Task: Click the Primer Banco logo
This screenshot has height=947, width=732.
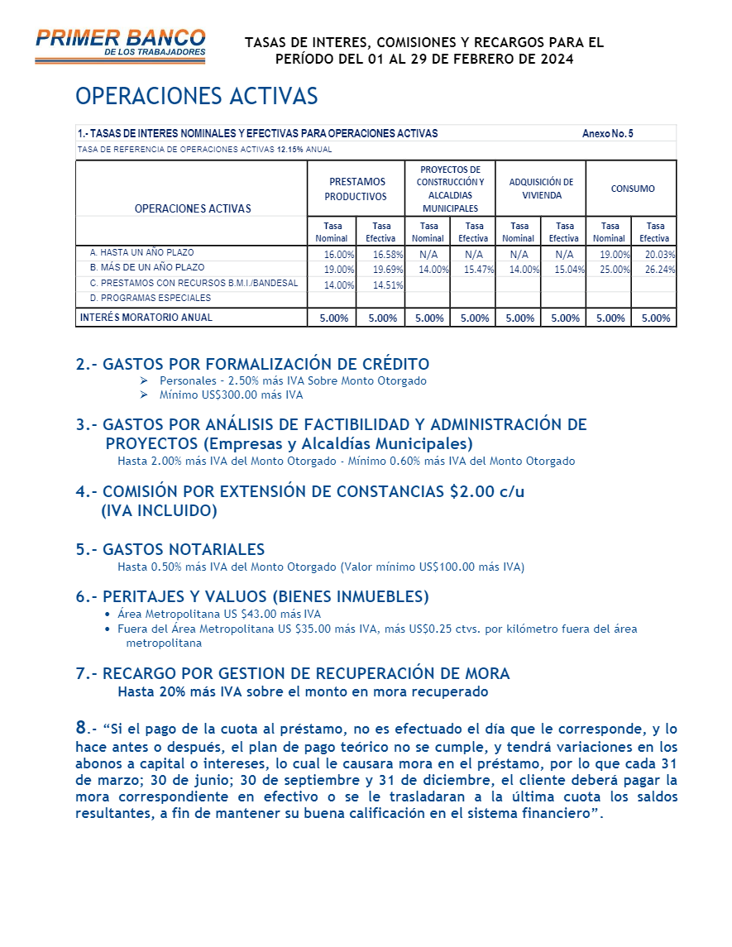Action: point(121,45)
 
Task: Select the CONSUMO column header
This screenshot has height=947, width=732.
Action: point(633,189)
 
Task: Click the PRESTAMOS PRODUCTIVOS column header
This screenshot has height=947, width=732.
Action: point(356,189)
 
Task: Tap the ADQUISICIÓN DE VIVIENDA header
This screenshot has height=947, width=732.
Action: point(541,189)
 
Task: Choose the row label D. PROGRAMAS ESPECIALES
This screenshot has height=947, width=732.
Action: point(151,298)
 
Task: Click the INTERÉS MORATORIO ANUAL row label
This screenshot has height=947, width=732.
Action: point(146,318)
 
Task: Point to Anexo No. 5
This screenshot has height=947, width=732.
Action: point(608,133)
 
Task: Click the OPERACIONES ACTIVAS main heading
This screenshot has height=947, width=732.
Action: point(197,97)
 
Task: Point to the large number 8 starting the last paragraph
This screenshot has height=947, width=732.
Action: point(81,727)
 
